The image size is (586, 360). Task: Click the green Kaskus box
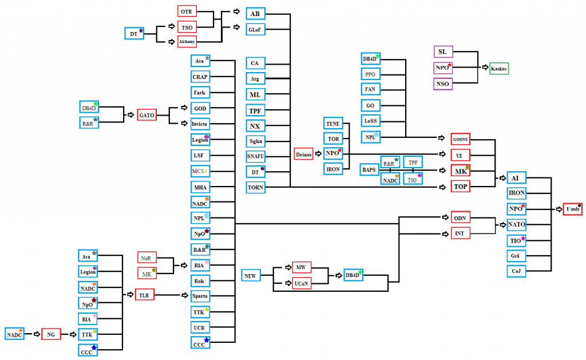click(499, 69)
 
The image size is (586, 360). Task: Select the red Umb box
click(572, 209)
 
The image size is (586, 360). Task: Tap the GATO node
click(146, 115)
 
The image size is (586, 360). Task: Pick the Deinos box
click(303, 154)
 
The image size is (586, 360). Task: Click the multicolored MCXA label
click(200, 171)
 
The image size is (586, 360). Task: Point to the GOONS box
click(460, 139)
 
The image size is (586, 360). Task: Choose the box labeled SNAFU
click(256, 156)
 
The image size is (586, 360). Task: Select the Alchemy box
click(187, 42)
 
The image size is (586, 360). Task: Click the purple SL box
click(443, 52)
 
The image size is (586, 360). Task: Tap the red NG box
click(51, 334)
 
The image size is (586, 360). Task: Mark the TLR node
click(144, 295)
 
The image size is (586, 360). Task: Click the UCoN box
click(302, 283)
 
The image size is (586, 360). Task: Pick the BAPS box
click(369, 169)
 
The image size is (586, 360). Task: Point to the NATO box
click(517, 224)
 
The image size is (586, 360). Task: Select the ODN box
click(460, 217)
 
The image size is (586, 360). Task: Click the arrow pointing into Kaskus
click(485, 68)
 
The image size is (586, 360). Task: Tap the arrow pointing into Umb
click(559, 209)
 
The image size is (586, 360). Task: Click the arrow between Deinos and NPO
click(318, 153)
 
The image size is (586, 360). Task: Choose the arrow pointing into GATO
click(130, 115)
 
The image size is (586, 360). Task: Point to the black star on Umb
click(579, 205)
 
